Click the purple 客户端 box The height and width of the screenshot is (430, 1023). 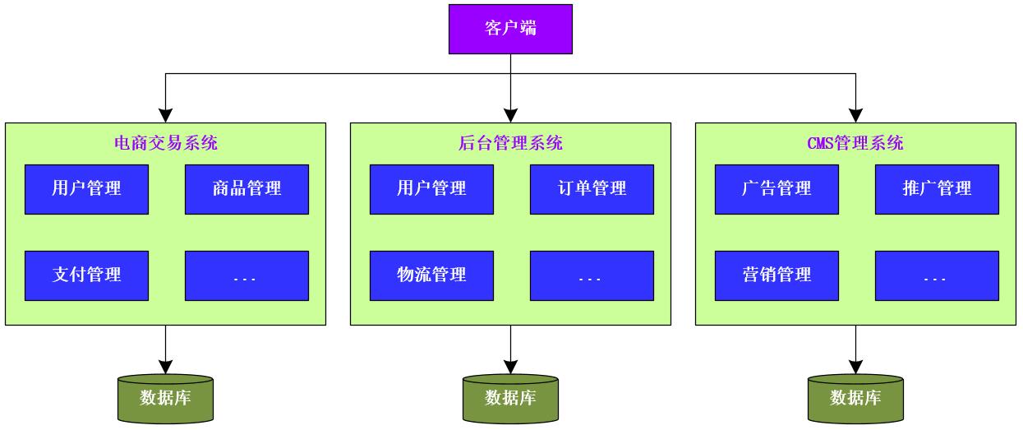[x=510, y=30]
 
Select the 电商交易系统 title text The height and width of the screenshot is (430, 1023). [x=165, y=144]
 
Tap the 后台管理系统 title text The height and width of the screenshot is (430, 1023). [x=510, y=144]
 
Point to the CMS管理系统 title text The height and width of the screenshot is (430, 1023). [x=855, y=144]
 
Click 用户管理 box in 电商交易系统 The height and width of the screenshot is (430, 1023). [x=86, y=189]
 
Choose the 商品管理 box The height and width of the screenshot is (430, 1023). [x=247, y=189]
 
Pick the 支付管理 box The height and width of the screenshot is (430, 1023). [x=86, y=275]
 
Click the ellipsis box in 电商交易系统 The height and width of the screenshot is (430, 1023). [x=247, y=275]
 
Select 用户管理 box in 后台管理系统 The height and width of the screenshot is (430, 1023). [x=431, y=189]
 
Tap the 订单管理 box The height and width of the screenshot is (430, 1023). [x=592, y=189]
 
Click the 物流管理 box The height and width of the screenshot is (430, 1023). [x=431, y=275]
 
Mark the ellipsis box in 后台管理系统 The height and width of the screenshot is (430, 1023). [x=592, y=275]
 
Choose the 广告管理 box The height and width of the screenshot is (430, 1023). [x=776, y=189]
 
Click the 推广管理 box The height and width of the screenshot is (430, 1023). [x=937, y=189]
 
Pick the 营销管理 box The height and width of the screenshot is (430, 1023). [x=776, y=275]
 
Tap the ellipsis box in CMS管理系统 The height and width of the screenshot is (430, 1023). [x=937, y=275]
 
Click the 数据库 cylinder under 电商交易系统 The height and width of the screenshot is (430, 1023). [x=165, y=399]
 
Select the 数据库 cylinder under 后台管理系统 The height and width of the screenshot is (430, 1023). [x=510, y=399]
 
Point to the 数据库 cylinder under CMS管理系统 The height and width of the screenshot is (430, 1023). [x=855, y=399]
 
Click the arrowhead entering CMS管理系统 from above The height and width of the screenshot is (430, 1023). [x=855, y=116]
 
